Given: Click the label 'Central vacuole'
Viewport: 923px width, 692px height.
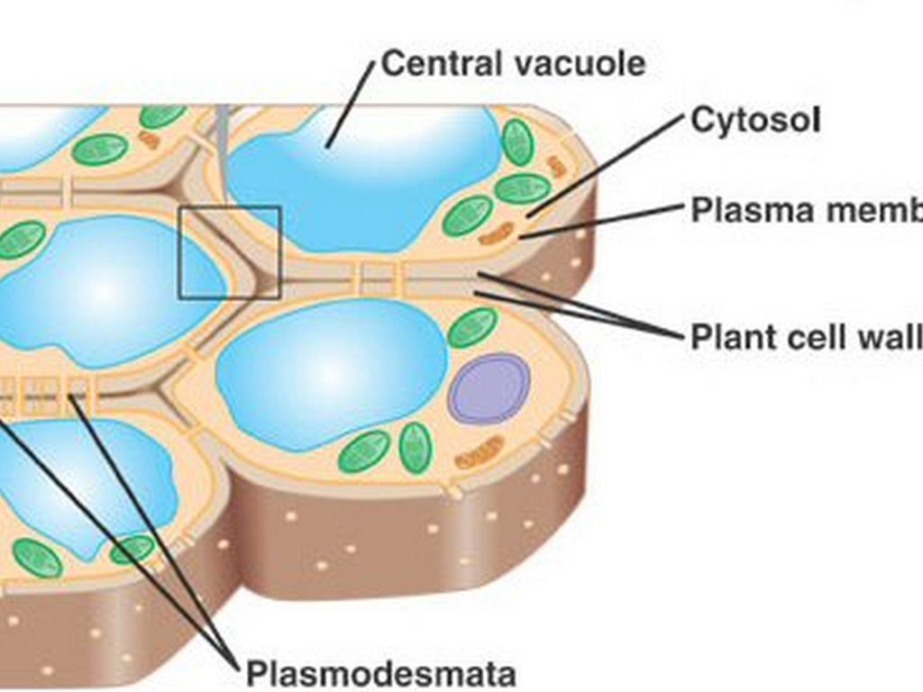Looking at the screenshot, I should coord(513,64).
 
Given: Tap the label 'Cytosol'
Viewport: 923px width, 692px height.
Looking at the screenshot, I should coord(755,120).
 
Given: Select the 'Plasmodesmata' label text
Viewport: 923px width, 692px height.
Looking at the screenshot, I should coord(381,673).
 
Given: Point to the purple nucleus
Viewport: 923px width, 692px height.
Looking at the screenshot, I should coord(489,387).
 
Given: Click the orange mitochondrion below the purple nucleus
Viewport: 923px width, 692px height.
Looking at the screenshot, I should coord(480,451).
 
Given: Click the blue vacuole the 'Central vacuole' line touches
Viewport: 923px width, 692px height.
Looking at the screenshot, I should coord(361,176).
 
